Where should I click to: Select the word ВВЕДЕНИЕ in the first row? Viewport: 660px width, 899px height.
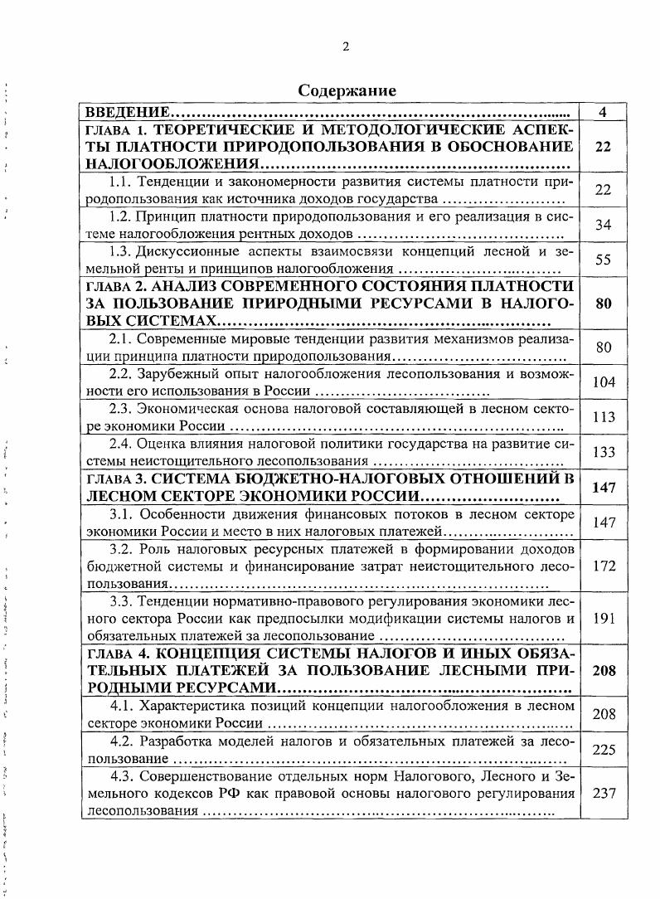[125, 112]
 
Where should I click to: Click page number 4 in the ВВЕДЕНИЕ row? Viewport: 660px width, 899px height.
[603, 112]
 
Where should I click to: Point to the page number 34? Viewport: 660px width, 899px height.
[603, 225]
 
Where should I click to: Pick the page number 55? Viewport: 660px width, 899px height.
[603, 260]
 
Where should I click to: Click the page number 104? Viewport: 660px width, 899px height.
[603, 382]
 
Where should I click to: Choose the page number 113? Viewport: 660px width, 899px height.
[603, 418]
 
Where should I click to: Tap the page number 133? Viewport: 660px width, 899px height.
[603, 453]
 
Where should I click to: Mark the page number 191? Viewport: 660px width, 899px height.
[603, 619]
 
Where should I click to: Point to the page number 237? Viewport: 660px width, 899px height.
[603, 793]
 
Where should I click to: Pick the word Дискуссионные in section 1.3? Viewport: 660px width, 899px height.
[185, 251]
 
